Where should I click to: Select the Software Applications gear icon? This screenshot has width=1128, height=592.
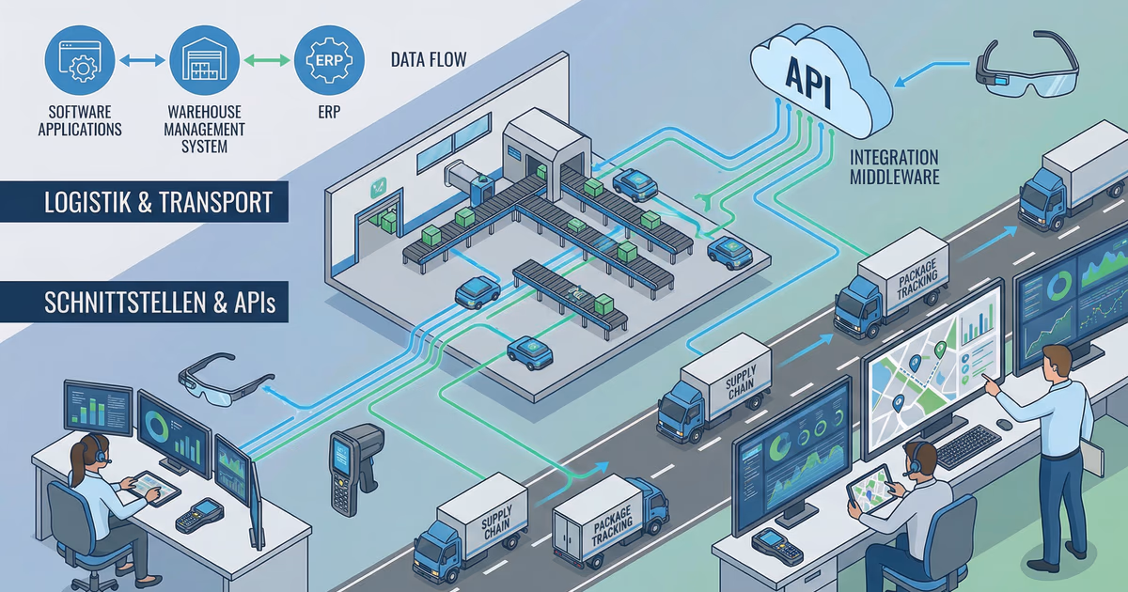tap(79, 60)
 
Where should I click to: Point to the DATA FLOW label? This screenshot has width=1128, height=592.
tap(429, 61)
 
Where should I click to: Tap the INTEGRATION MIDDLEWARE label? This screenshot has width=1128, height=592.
tap(893, 167)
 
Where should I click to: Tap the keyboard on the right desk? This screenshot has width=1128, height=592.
tap(968, 445)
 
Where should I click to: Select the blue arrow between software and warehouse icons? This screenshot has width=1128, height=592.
tap(141, 60)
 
